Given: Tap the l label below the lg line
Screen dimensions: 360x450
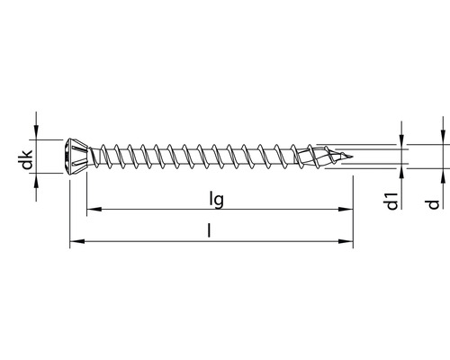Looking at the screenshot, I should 210,230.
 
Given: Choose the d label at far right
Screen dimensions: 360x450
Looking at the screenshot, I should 433,205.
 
